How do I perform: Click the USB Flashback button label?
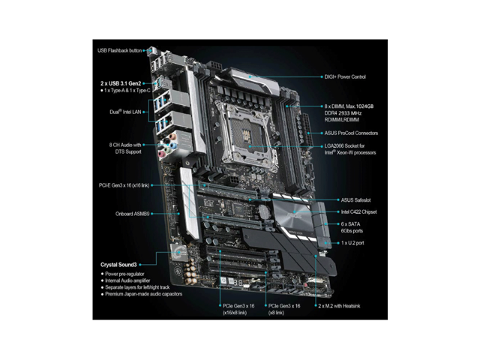pyautogui.click(x=119, y=50)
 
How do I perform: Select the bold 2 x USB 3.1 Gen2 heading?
pyautogui.click(x=121, y=83)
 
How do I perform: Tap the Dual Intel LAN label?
pyautogui.click(x=125, y=112)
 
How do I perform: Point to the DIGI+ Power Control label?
pyautogui.click(x=345, y=76)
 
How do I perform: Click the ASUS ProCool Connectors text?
pyautogui.click(x=351, y=133)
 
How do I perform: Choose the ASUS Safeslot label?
pyautogui.click(x=355, y=200)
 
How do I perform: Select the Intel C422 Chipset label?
pyautogui.click(x=358, y=211)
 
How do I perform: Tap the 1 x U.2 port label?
pyautogui.click(x=352, y=243)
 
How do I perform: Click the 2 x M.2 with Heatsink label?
pyautogui.click(x=339, y=306)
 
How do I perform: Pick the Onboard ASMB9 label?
pyautogui.click(x=132, y=214)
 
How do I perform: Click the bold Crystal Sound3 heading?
pyautogui.click(x=118, y=265)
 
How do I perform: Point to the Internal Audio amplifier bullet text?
pyautogui.click(x=127, y=280)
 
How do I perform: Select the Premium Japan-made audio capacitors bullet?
pyautogui.click(x=143, y=294)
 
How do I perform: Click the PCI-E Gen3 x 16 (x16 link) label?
pyautogui.click(x=124, y=185)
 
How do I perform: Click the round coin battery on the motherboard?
pyautogui.click(x=263, y=210)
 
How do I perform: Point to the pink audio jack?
pyautogui.click(x=160, y=154)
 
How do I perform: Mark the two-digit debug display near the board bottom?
pyautogui.click(x=238, y=282)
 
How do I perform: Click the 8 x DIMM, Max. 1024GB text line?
pyautogui.click(x=349, y=106)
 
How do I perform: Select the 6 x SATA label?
pyautogui.click(x=350, y=224)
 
